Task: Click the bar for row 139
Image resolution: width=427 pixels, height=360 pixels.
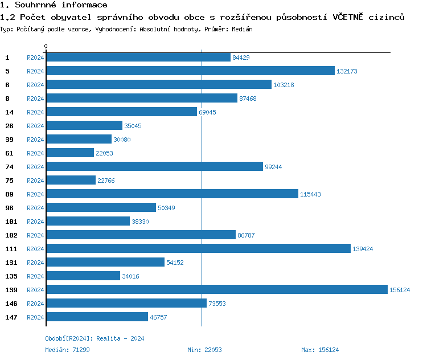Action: (x=216, y=289)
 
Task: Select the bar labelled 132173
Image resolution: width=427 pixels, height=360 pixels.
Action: (x=190, y=71)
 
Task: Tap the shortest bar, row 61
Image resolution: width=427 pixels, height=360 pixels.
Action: (x=69, y=153)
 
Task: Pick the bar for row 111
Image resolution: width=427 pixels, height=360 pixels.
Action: (x=198, y=248)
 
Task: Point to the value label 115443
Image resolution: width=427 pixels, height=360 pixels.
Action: (x=310, y=194)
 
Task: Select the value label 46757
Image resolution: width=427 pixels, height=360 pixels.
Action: (x=158, y=317)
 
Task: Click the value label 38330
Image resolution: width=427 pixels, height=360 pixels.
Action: (x=140, y=222)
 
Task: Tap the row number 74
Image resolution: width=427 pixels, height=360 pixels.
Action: (x=9, y=167)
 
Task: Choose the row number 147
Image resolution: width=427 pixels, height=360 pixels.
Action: (x=11, y=317)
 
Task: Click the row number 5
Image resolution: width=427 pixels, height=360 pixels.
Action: (x=7, y=71)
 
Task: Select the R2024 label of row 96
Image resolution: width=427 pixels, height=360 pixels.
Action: (x=35, y=208)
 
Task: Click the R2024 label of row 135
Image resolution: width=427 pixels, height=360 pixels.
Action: (x=35, y=276)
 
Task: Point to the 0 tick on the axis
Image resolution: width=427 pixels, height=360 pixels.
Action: (x=46, y=46)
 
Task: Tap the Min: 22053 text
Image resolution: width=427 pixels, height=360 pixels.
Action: (x=204, y=350)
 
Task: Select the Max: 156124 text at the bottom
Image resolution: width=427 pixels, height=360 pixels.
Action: (x=320, y=350)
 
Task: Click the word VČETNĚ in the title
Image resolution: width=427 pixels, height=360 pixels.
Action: (x=352, y=17)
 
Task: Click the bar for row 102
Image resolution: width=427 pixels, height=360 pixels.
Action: (x=141, y=235)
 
